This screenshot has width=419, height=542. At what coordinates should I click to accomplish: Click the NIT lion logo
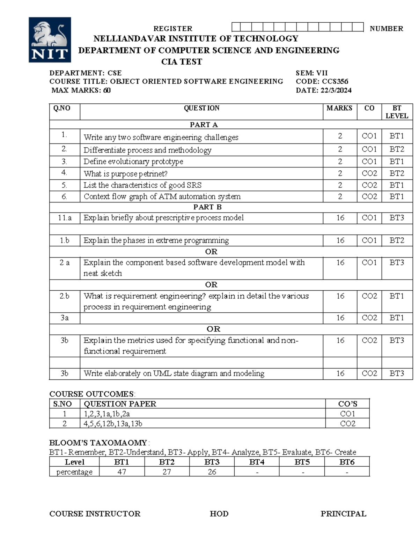(50, 40)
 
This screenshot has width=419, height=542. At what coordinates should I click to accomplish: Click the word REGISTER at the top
(173, 29)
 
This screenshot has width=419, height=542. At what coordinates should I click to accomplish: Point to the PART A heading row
(204, 125)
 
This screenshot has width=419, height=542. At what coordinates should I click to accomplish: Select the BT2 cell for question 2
(397, 149)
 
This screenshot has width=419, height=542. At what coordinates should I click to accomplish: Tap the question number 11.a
(65, 218)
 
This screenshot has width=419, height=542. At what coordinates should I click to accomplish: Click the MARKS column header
(339, 108)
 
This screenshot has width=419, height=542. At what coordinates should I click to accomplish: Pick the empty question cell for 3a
(201, 318)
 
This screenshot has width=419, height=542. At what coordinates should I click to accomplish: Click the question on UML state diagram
(174, 373)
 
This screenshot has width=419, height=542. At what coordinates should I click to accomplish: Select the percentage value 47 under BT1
(122, 472)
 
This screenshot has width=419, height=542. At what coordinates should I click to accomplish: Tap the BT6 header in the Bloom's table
(347, 462)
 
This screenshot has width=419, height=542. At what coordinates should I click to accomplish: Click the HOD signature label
(219, 514)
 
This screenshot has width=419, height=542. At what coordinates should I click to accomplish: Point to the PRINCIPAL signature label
(343, 514)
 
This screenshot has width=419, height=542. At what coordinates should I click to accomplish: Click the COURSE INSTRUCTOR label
(95, 514)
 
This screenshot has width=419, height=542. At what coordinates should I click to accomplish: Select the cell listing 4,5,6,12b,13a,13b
(113, 424)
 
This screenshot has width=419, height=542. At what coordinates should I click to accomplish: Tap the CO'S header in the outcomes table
(347, 404)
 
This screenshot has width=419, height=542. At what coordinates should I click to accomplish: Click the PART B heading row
(207, 207)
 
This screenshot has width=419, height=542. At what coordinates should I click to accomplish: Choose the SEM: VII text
(311, 73)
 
